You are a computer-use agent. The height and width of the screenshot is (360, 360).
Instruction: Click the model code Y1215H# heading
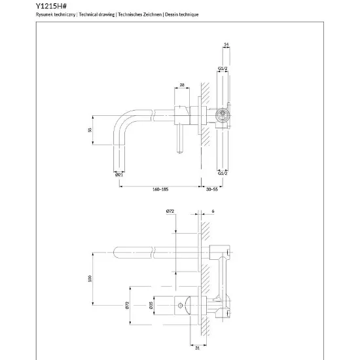coord(51,6)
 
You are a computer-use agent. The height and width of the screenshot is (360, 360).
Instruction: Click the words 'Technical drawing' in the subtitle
coord(97,14)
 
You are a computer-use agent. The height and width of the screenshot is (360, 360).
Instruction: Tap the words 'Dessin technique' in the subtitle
coord(181,14)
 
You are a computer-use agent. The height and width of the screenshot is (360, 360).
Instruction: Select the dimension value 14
coord(226,44)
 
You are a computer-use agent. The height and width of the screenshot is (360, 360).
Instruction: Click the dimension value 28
coord(182,85)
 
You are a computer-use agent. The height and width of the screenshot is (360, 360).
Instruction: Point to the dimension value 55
coord(90,130)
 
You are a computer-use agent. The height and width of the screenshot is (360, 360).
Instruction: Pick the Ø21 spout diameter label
coord(119,175)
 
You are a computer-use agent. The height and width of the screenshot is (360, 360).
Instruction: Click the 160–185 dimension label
coord(160,189)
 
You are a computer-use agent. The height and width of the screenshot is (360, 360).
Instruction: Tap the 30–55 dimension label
coord(211,189)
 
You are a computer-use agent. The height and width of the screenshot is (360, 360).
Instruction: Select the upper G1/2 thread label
coord(223,69)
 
